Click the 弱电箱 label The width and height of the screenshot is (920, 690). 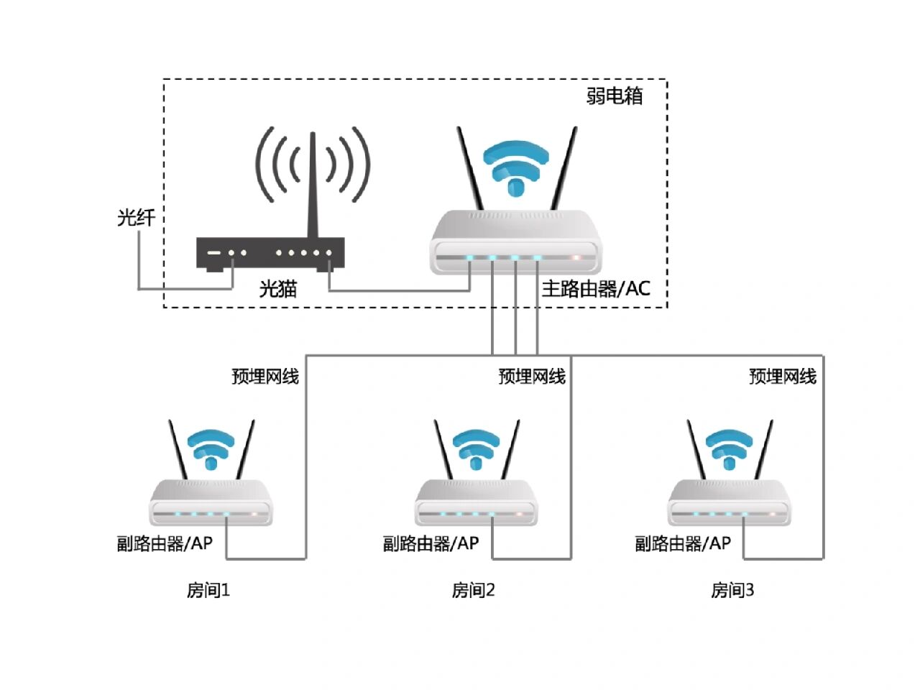click(x=615, y=96)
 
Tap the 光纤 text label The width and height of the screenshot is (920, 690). click(x=136, y=217)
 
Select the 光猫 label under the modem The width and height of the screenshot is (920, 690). click(x=278, y=289)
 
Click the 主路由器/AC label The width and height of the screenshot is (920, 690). click(x=596, y=289)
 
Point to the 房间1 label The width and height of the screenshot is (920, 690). click(x=208, y=591)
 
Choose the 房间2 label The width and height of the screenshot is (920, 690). click(x=474, y=591)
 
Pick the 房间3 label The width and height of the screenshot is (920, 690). click(x=732, y=591)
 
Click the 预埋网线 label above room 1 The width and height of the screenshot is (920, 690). click(x=265, y=377)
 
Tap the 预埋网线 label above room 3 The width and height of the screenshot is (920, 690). click(x=783, y=377)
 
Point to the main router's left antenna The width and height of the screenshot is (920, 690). click(x=471, y=169)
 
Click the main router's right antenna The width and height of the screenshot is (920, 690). click(x=563, y=169)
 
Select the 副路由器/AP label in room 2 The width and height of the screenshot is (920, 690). click(x=431, y=544)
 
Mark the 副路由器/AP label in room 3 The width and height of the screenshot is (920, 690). click(x=683, y=544)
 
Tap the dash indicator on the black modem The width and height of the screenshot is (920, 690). click(x=213, y=253)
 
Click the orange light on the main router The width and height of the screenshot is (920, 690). click(x=575, y=257)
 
